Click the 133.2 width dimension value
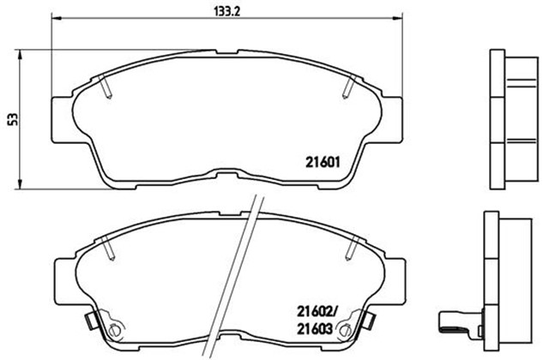coord(226,12)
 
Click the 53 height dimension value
coord(14,119)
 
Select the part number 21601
coord(323,162)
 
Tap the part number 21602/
coord(317,310)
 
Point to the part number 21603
coord(315,329)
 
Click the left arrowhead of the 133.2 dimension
coord(57,17)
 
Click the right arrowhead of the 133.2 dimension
coord(397,17)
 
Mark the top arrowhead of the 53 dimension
coord(20,55)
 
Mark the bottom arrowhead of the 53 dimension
coord(20,184)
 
